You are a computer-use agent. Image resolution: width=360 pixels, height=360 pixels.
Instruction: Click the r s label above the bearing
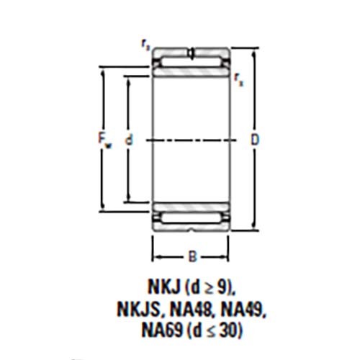pos(146,45)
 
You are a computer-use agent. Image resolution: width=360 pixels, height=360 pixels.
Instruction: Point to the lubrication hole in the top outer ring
pos(192,52)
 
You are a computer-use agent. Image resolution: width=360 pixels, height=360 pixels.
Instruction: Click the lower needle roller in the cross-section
pos(192,217)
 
